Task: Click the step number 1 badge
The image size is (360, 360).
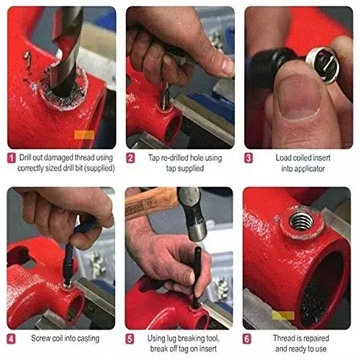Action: pos(12,158)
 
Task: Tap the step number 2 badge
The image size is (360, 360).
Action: pos(131,158)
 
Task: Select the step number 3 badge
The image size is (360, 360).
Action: pos(250,158)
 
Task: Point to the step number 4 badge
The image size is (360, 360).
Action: pos(12,338)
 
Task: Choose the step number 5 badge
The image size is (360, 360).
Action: pos(131,338)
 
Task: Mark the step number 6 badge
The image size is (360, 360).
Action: pos(250,338)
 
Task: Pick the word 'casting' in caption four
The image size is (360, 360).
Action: pos(86,338)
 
